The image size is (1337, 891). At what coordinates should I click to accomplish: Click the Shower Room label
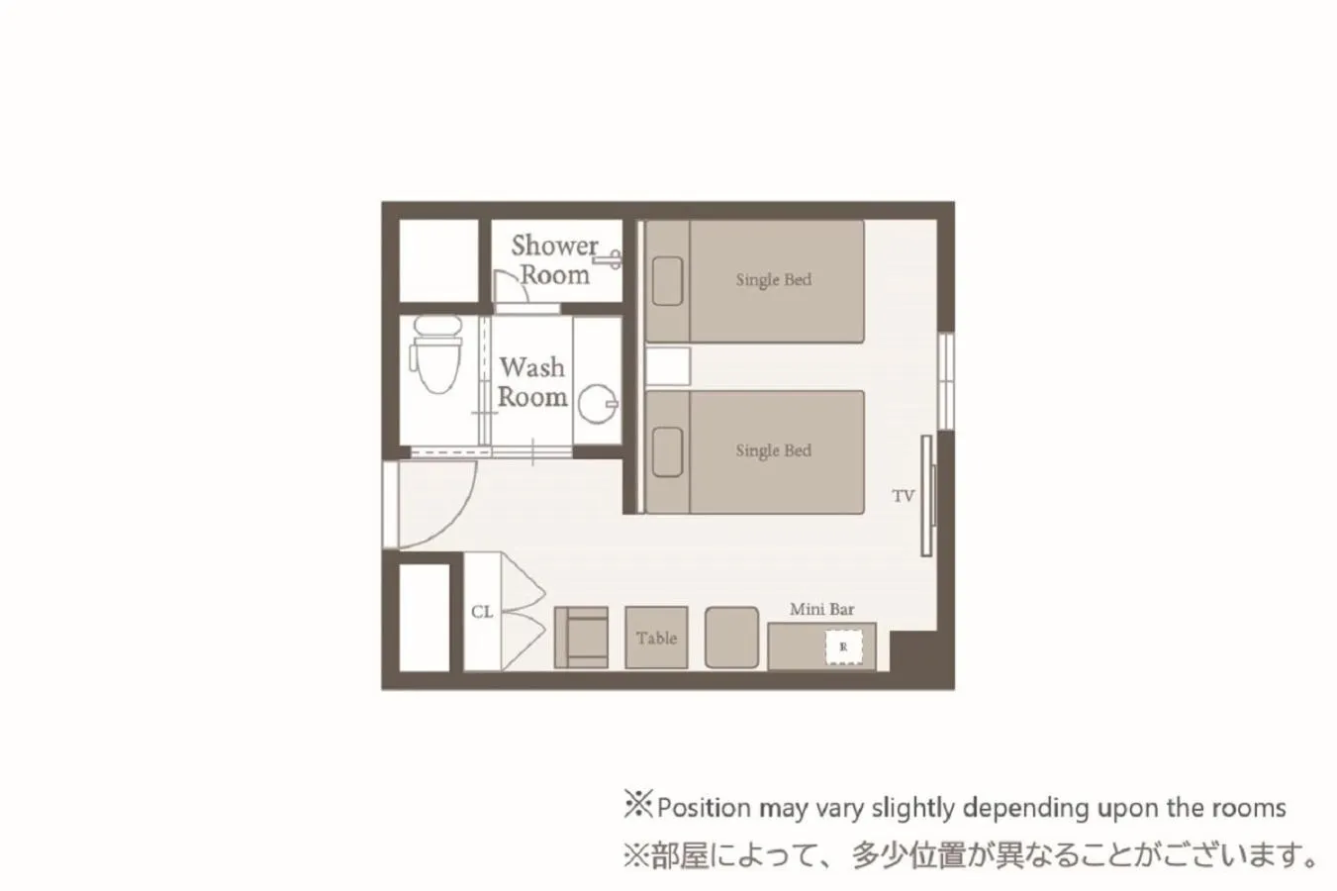[x=554, y=259]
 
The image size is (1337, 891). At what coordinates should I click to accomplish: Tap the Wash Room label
[x=532, y=382]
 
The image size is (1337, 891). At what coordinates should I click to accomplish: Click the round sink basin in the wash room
[x=598, y=404]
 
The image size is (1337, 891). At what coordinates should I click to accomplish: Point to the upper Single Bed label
[x=773, y=280]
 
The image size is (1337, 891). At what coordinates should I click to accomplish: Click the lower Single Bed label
[x=773, y=450]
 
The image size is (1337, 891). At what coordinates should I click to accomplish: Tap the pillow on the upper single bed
[x=668, y=281]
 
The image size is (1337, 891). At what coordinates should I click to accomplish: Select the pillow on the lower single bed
[x=668, y=451]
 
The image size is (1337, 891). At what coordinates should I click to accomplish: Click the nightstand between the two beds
[x=668, y=366]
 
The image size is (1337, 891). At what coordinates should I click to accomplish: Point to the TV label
[x=903, y=496]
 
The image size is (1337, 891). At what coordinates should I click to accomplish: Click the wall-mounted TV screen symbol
[x=927, y=495]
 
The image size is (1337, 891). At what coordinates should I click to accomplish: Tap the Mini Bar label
[x=821, y=610]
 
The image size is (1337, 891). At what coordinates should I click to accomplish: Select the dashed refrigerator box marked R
[x=843, y=647]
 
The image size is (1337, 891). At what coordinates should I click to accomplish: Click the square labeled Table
[x=656, y=638]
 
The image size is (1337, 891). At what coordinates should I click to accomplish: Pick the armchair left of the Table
[x=581, y=638]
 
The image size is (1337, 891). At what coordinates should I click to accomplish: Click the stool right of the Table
[x=731, y=638]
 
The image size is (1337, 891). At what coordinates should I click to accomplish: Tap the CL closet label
[x=482, y=612]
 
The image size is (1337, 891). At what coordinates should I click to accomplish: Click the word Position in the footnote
[x=704, y=808]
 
